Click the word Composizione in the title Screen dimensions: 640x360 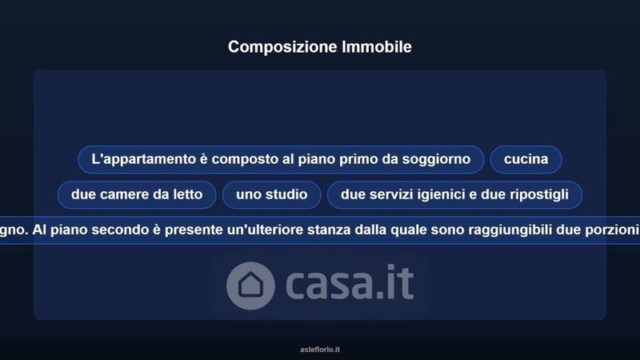point(282,47)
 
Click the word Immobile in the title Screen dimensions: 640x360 point(377,46)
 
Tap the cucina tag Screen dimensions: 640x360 point(526,159)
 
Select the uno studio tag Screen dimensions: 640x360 point(271,194)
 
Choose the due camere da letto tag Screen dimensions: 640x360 point(137,194)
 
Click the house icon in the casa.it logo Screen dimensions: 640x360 point(250,286)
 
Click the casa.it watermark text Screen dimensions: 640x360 point(350,282)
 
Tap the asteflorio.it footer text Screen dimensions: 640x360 point(320,350)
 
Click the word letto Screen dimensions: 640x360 point(188,194)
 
